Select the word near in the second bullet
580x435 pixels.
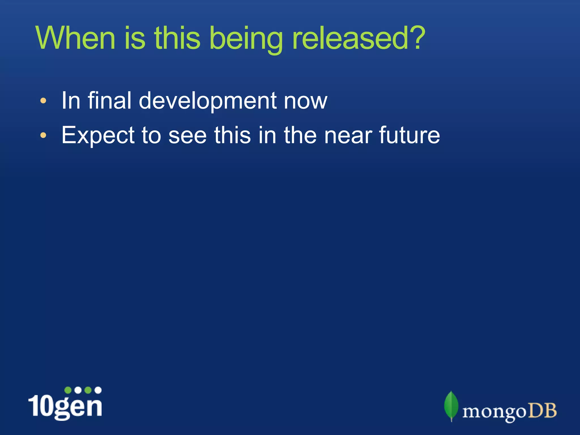[348, 135]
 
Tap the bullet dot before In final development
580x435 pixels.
[43, 101]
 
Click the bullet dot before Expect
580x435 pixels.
[43, 135]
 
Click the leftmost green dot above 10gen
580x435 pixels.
[68, 390]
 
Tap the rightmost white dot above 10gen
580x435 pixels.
[98, 390]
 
